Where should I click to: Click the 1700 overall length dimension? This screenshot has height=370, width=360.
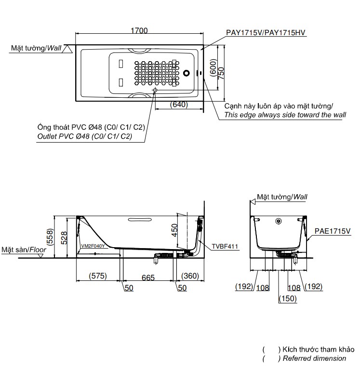point(139,31)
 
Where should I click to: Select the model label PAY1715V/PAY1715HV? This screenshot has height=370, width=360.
point(267,33)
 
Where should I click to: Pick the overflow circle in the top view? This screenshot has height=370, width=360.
point(187,74)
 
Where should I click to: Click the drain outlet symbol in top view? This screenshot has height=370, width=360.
point(155,90)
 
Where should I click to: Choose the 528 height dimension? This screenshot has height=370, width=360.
point(64,237)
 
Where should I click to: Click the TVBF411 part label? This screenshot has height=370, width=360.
point(225,247)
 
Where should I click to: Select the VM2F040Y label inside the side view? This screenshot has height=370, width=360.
point(93,246)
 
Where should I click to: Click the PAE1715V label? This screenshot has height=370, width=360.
point(332,231)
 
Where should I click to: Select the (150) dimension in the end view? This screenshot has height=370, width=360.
point(287,298)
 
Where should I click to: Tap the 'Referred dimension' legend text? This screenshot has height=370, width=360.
point(315,358)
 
